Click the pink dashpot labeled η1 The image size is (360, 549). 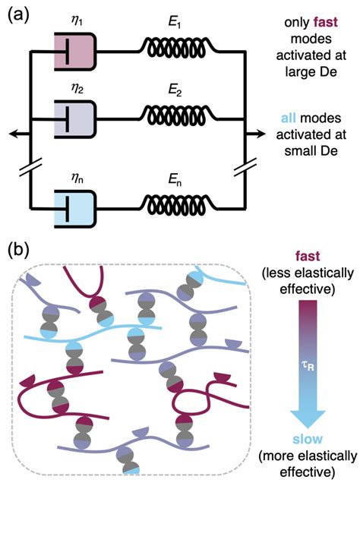coord(75,52)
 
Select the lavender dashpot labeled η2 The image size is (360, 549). coord(75,120)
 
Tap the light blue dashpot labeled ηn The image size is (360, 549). coord(75,209)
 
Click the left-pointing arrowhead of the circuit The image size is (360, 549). coord(14,134)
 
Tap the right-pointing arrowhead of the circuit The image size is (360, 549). coord(260,134)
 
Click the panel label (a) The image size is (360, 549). coord(18,16)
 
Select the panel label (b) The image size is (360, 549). coord(18,251)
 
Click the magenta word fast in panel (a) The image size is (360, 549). coord(325,23)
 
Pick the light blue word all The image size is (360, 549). coord(289,118)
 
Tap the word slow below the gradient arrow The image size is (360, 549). coord(308,439)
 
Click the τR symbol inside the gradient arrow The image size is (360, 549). coord(308,366)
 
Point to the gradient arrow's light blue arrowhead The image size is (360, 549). coord(308,418)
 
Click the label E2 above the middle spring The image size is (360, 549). coord(175,90)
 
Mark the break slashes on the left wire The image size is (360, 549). coord(31,167)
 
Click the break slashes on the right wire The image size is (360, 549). coord(245,167)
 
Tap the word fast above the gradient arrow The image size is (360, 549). coord(308,256)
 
